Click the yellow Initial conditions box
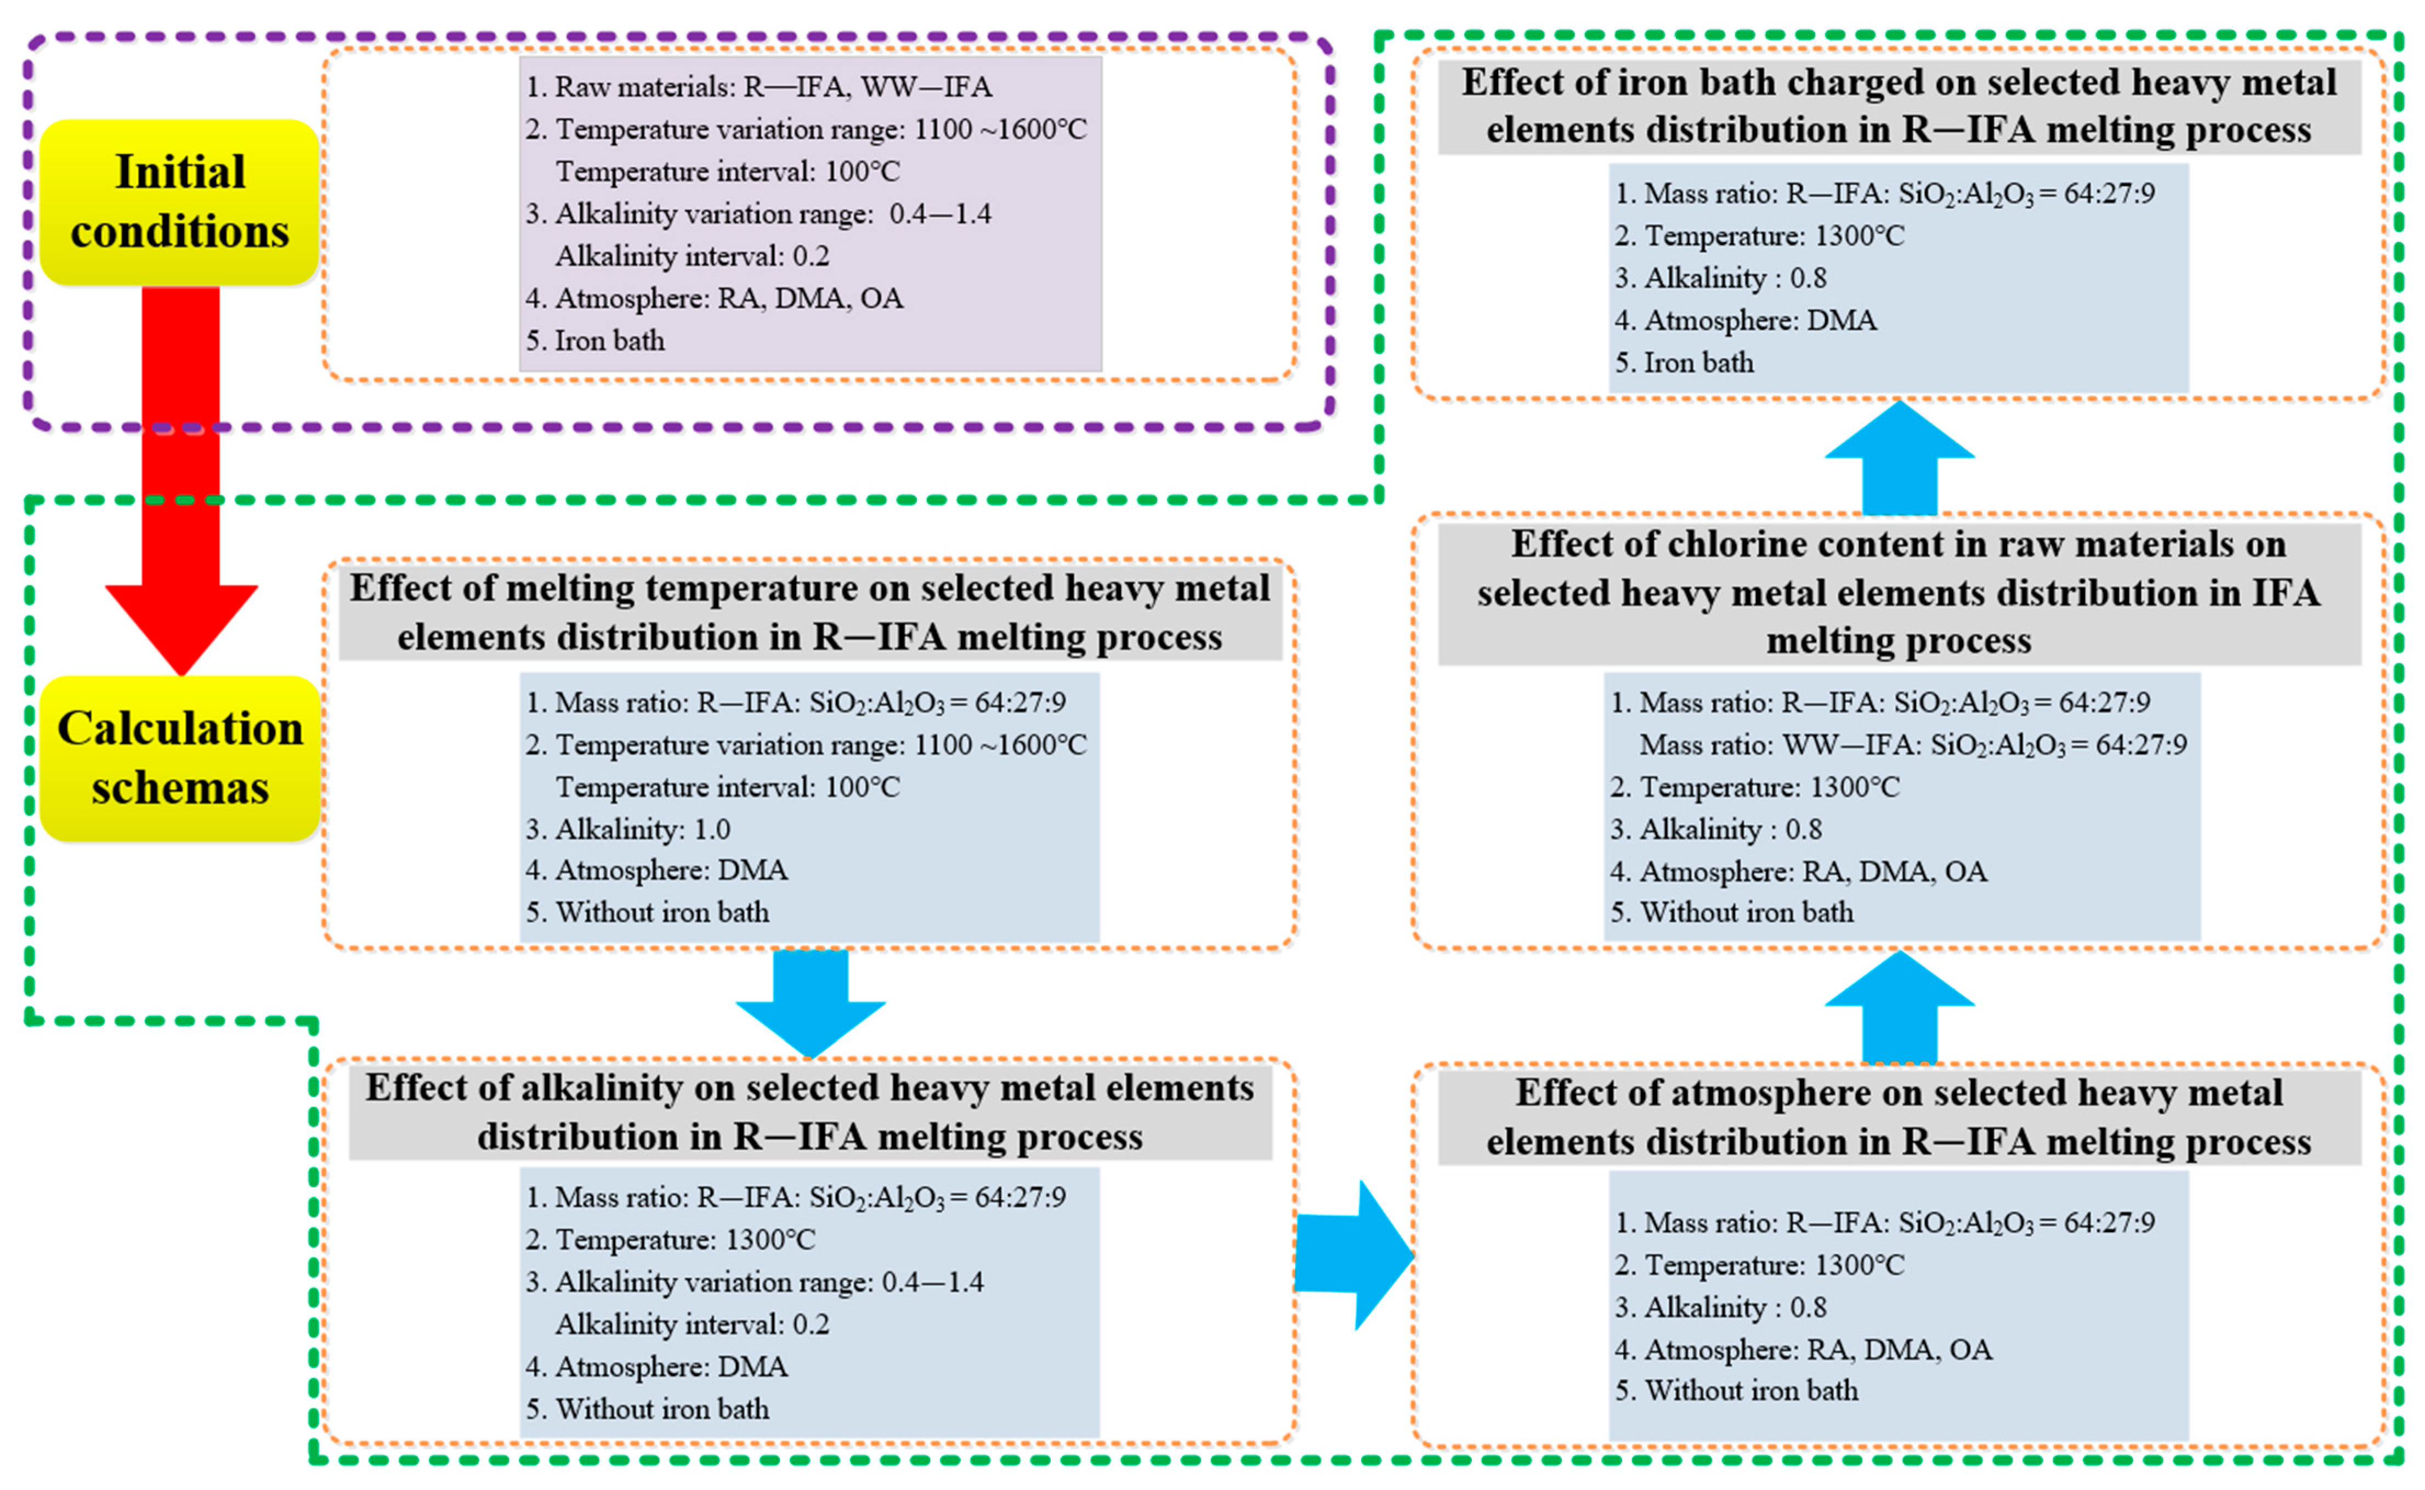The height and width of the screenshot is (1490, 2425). [x=179, y=202]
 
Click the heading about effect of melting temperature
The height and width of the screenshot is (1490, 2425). [x=809, y=612]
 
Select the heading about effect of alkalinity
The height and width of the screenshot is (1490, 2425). [x=809, y=1111]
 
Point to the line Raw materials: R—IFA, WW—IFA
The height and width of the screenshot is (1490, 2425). [x=758, y=87]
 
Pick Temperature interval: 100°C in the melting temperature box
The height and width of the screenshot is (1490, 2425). [x=727, y=786]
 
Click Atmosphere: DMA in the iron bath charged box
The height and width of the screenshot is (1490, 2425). [x=1746, y=320]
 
